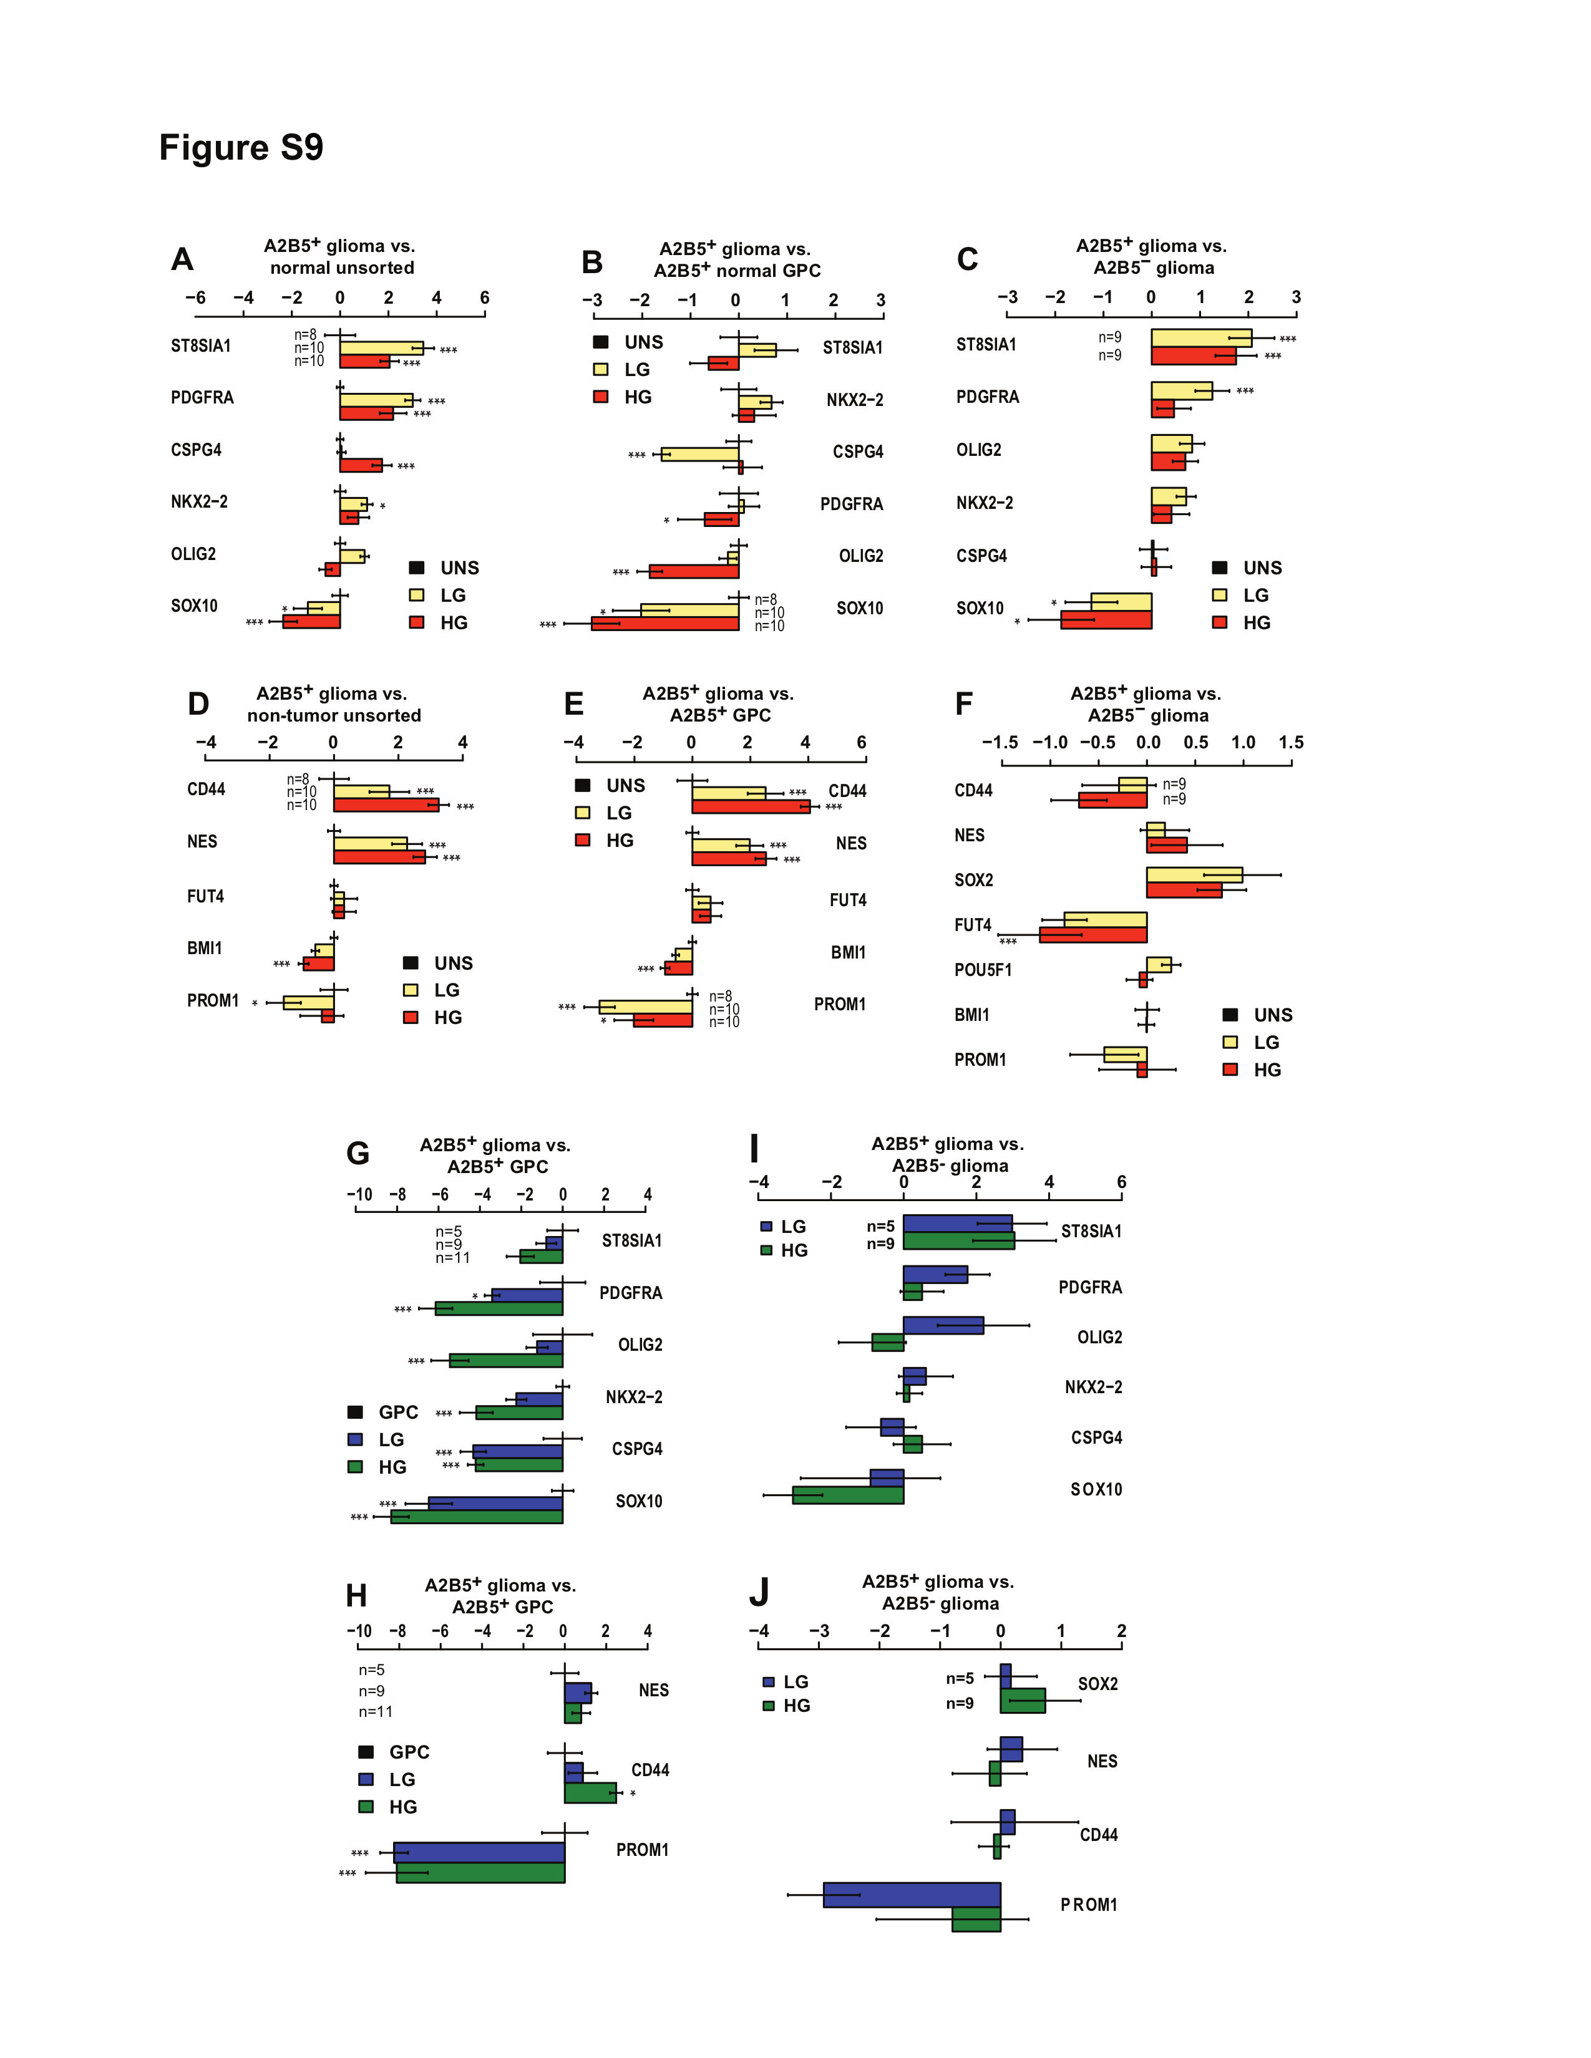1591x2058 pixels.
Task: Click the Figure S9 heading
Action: (x=241, y=148)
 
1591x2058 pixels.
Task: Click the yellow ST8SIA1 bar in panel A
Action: (x=381, y=348)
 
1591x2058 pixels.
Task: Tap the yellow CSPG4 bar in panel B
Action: (x=699, y=454)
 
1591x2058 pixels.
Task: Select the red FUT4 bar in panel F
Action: (x=1092, y=935)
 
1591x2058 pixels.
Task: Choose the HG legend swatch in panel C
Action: (x=1220, y=622)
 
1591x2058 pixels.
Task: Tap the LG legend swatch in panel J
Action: (x=768, y=1682)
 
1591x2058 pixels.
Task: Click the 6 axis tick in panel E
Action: (x=862, y=743)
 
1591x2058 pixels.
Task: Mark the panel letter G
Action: (x=358, y=1152)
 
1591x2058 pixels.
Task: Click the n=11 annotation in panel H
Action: (x=375, y=1711)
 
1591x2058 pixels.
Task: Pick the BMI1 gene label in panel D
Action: (x=205, y=948)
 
